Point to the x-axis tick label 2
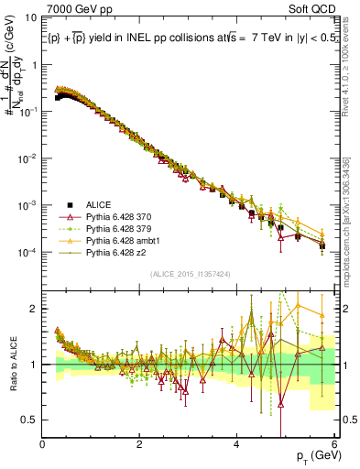[139, 445]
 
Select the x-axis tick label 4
[236, 445]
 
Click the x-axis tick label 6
[333, 445]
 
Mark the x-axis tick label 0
[42, 445]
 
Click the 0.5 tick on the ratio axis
[30, 420]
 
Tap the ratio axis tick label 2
[34, 309]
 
